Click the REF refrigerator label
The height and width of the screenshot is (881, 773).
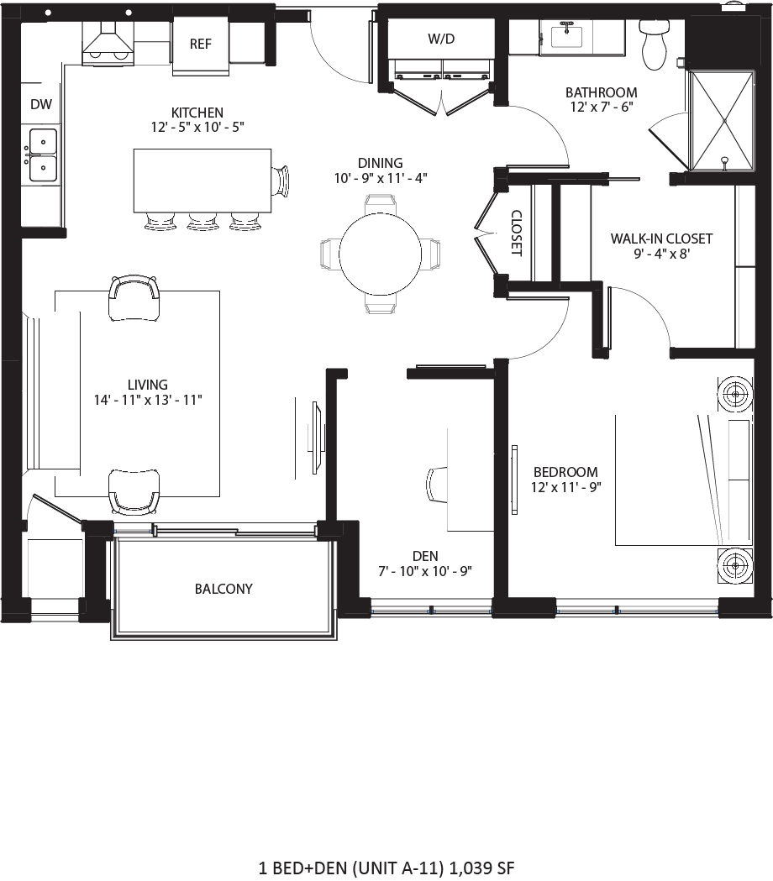(x=200, y=45)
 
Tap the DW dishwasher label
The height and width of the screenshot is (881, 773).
(x=41, y=105)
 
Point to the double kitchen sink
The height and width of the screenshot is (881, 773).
(x=41, y=155)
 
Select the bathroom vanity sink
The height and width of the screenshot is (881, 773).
(x=568, y=36)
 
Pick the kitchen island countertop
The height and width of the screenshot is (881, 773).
(x=202, y=181)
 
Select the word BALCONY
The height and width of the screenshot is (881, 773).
(x=223, y=589)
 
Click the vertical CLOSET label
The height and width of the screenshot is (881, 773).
(x=516, y=233)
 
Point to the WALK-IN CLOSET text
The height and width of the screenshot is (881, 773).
(x=661, y=239)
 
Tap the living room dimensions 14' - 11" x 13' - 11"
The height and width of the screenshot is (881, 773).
(x=148, y=400)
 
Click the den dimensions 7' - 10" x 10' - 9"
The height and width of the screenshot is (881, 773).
(x=425, y=571)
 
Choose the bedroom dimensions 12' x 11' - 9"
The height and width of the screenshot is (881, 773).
(x=566, y=486)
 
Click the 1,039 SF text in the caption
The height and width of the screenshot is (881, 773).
(x=482, y=866)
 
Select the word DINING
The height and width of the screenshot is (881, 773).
(x=380, y=163)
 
